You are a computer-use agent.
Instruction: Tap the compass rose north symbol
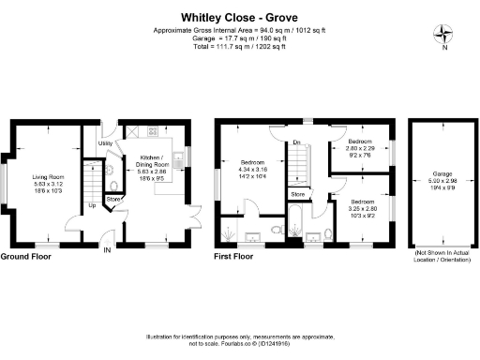coord(442,36)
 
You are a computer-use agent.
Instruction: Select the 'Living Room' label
coord(49,175)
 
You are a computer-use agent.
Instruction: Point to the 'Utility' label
coord(105,143)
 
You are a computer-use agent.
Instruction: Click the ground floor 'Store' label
coord(113,199)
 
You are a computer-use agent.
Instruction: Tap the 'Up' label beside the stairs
coord(91,205)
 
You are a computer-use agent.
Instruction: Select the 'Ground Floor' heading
coord(25,256)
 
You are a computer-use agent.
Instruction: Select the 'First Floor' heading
coord(234,256)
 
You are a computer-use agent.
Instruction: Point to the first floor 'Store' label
coord(297,194)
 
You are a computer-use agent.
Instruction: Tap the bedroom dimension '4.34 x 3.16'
coord(256,169)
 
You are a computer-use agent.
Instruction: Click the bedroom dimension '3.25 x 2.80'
coord(365,208)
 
